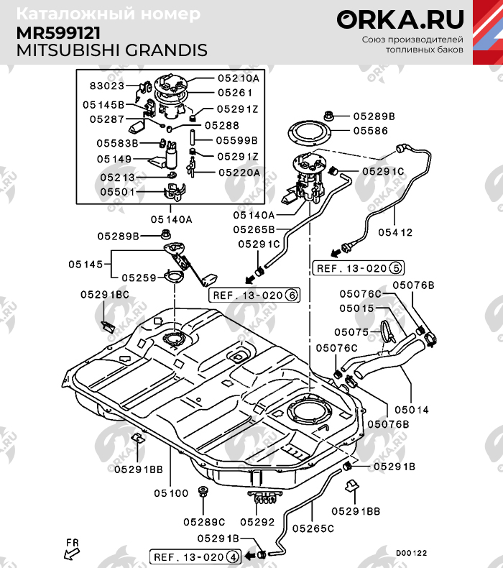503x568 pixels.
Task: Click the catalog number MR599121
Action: (58, 34)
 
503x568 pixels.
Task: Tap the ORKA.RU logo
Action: (400, 19)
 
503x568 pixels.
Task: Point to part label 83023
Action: (107, 86)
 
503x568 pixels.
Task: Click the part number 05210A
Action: (238, 78)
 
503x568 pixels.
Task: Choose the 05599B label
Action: (236, 140)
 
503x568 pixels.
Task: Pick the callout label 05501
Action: (117, 192)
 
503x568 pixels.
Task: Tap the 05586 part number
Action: (370, 131)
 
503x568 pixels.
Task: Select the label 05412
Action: (396, 232)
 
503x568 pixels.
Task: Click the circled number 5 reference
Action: (395, 268)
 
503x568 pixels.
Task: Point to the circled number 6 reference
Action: (291, 295)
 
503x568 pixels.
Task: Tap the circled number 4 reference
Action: (232, 556)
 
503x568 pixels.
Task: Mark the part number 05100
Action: (171, 493)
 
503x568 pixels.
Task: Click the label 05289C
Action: (204, 522)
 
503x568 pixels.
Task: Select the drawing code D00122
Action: (411, 553)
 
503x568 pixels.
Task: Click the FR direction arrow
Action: (72, 550)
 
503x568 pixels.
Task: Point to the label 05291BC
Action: (105, 295)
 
